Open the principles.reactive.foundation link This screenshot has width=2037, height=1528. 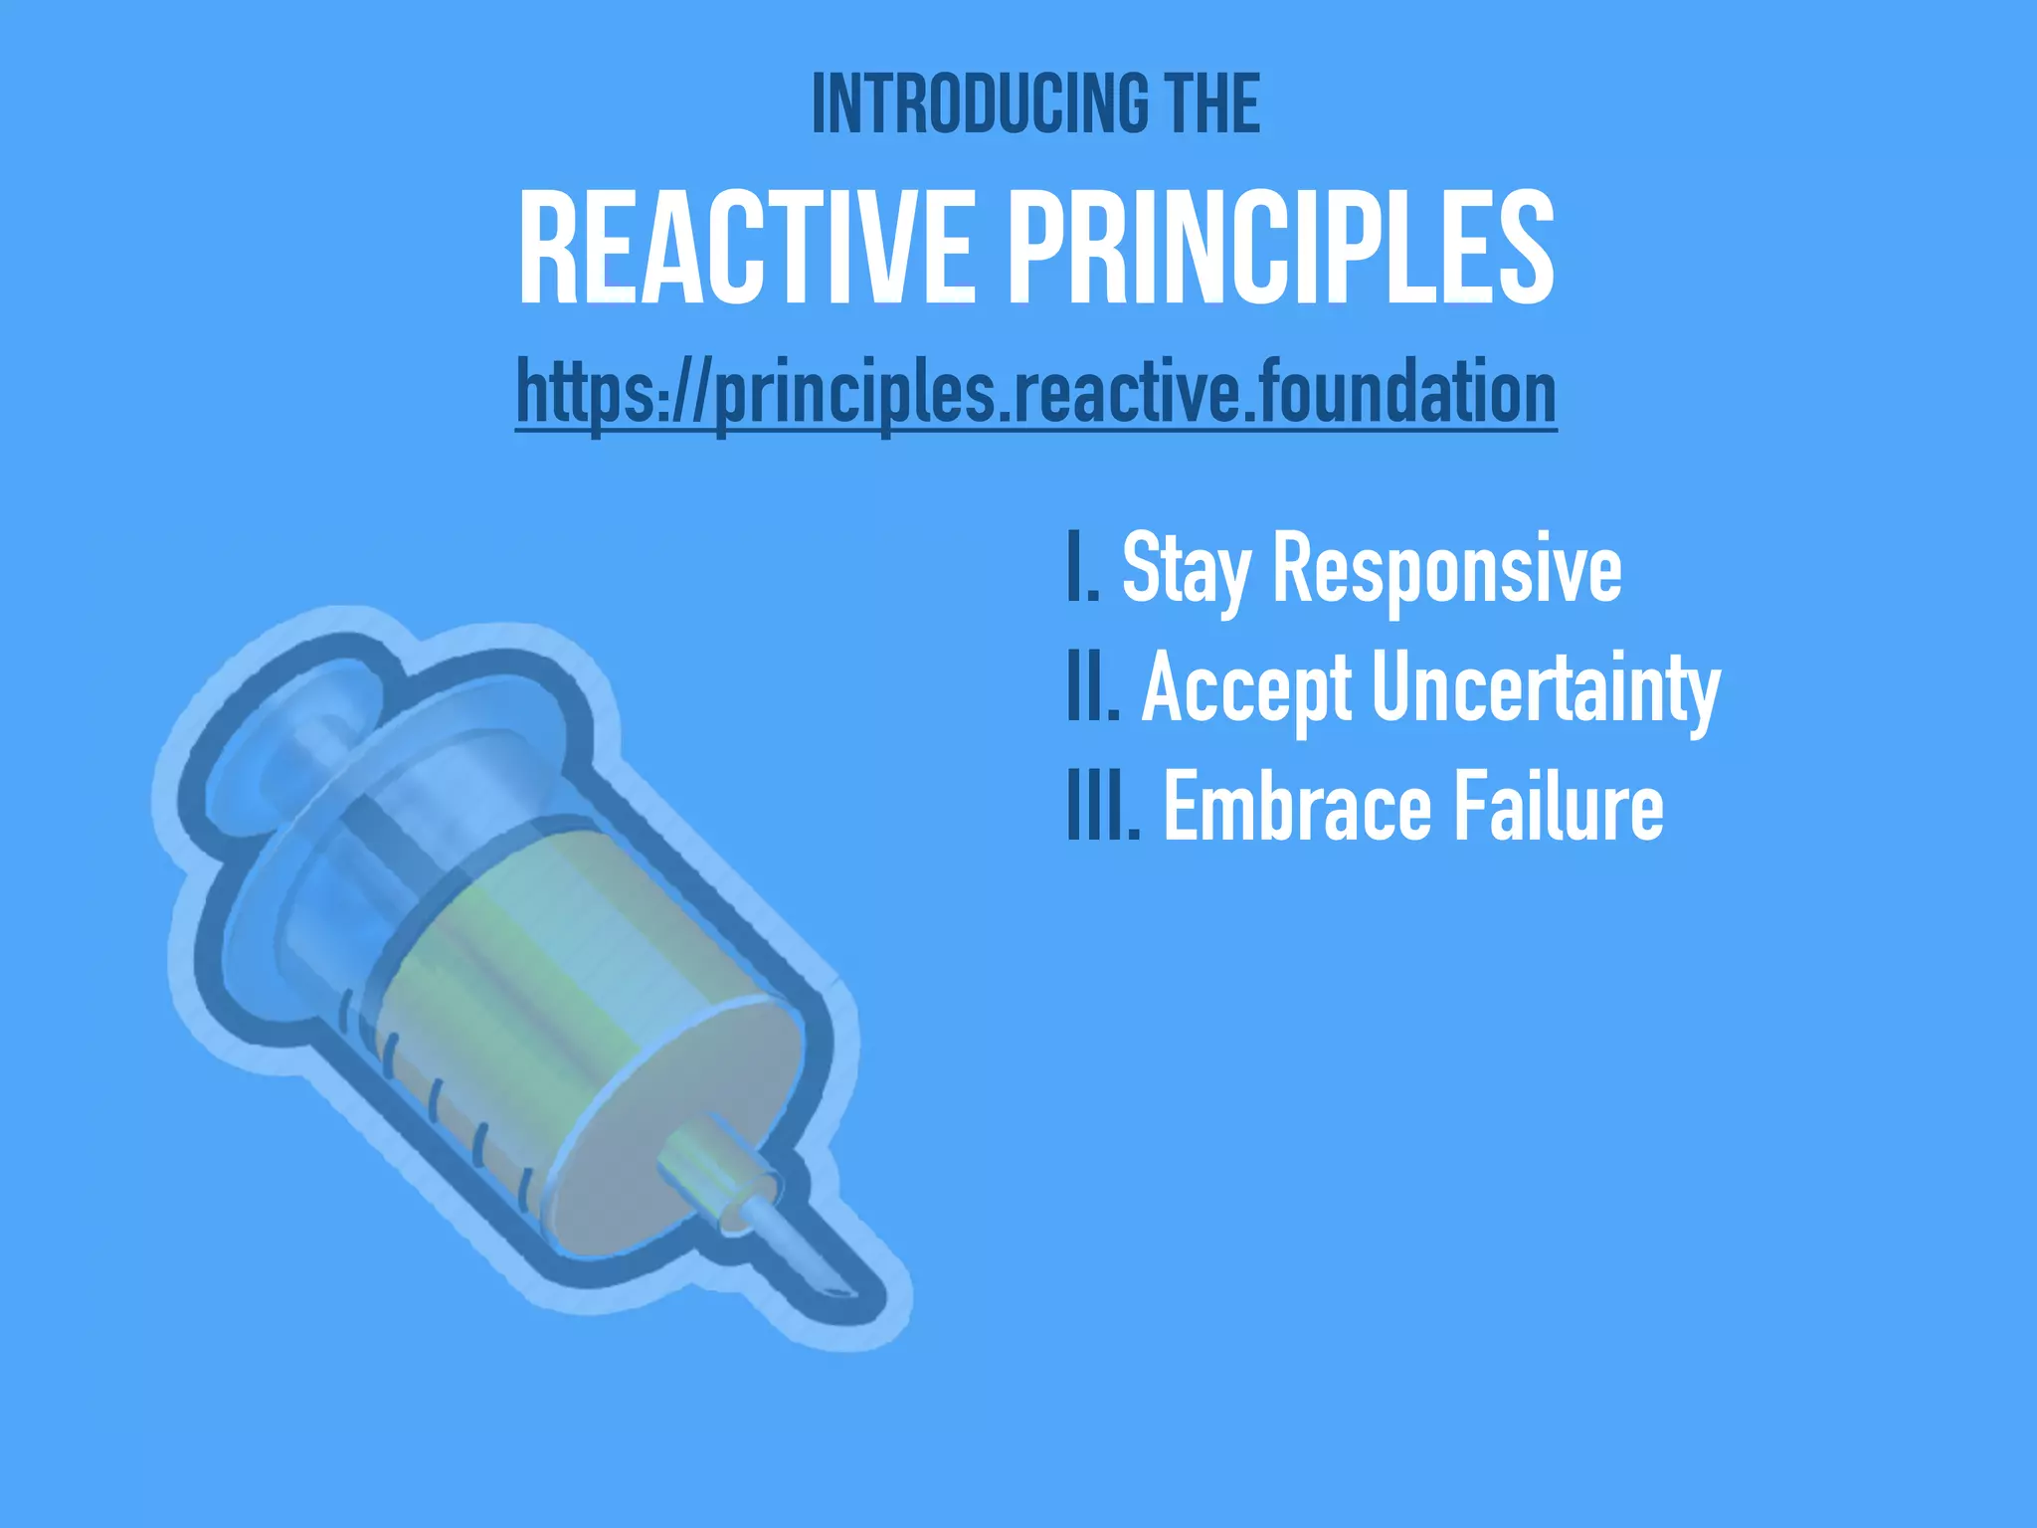pos(1035,393)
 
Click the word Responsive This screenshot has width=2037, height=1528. pos(1447,569)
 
